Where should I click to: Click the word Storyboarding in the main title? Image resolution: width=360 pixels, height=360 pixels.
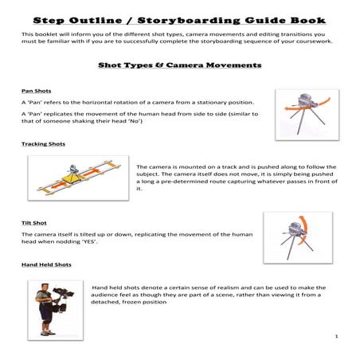(x=189, y=21)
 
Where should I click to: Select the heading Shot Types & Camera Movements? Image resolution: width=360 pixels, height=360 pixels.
(x=180, y=65)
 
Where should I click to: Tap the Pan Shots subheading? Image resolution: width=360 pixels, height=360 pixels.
(x=37, y=91)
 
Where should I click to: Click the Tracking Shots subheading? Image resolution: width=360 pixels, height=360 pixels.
(x=43, y=144)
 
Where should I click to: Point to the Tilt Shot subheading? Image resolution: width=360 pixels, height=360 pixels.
(x=34, y=223)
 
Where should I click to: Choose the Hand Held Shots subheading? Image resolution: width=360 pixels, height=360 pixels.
(x=46, y=264)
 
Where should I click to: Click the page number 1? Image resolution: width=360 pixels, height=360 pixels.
(x=336, y=336)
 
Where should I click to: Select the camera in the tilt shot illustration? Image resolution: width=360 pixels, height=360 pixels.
(x=296, y=229)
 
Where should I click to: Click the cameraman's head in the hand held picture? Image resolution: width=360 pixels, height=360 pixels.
(x=45, y=288)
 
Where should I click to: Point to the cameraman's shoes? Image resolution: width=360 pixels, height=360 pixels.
(x=48, y=333)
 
